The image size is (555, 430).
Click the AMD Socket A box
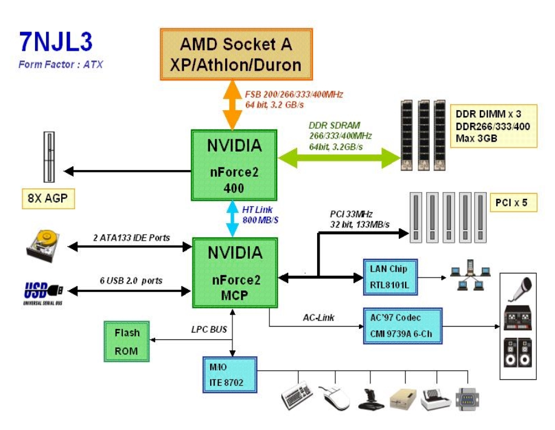tap(236, 54)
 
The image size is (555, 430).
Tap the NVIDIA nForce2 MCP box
tap(234, 270)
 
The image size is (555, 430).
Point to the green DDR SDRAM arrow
tap(339, 157)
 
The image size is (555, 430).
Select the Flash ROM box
tap(126, 342)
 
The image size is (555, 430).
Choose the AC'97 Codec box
tap(402, 325)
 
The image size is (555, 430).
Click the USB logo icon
tap(44, 292)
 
